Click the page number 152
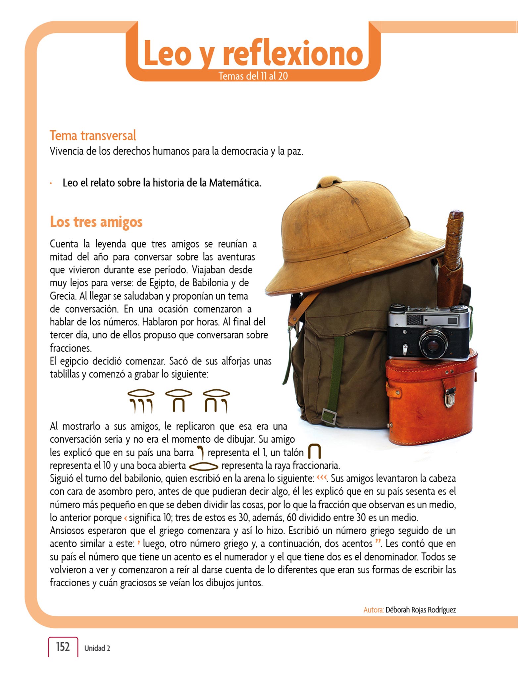(63, 647)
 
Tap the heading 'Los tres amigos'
(96, 222)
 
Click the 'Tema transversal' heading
(93, 136)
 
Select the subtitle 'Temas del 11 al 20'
(253, 76)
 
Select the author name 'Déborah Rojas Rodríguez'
(421, 610)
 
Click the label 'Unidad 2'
(97, 648)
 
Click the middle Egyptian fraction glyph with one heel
(179, 401)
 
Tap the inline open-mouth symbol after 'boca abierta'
(203, 466)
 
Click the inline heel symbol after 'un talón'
(314, 452)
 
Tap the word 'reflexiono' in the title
(293, 53)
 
